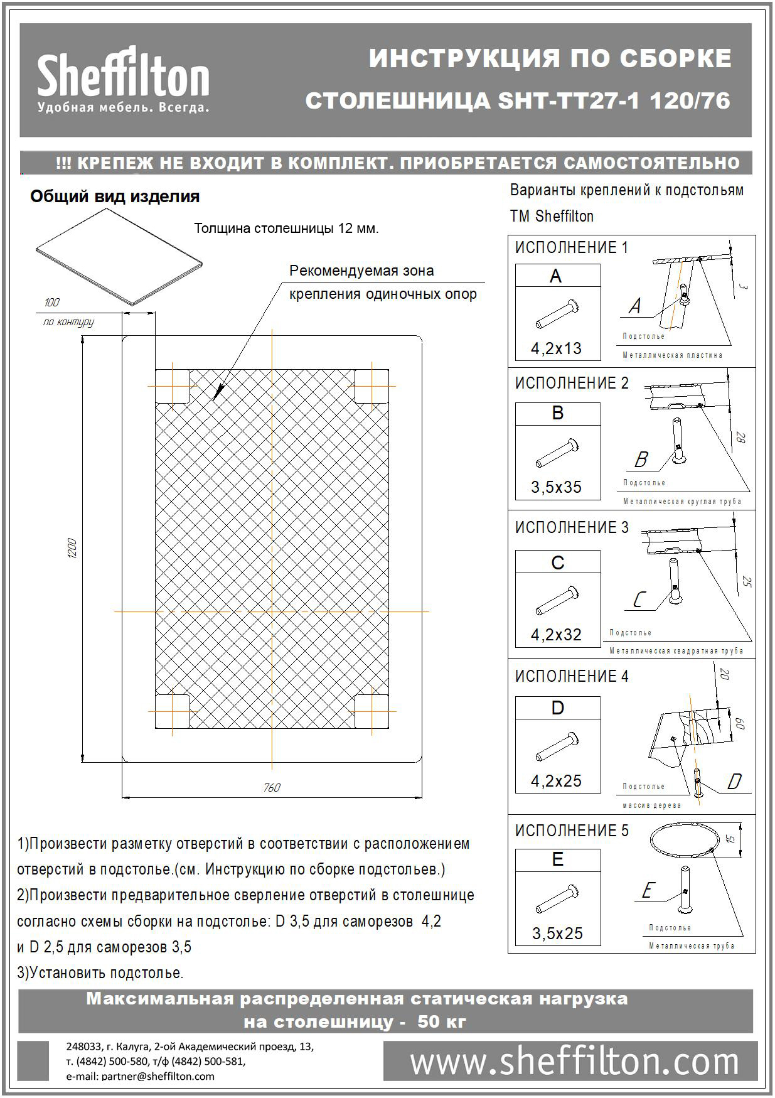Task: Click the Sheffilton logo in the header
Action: point(123,80)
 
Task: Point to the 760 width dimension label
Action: point(272,787)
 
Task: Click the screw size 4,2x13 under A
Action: point(557,348)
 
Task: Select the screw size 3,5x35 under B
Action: point(557,487)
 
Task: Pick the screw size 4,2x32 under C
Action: point(557,635)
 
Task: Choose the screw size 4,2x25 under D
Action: point(557,781)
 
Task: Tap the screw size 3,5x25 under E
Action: point(557,934)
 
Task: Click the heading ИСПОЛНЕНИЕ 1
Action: point(571,247)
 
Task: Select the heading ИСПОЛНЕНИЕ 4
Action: point(571,676)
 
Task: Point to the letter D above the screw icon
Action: point(557,708)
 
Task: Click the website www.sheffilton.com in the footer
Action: point(574,1062)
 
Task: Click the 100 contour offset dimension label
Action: point(52,303)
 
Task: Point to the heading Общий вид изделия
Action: point(115,196)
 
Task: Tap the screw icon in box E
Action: point(557,899)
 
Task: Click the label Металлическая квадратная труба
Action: point(676,651)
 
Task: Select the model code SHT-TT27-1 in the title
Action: point(569,100)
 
